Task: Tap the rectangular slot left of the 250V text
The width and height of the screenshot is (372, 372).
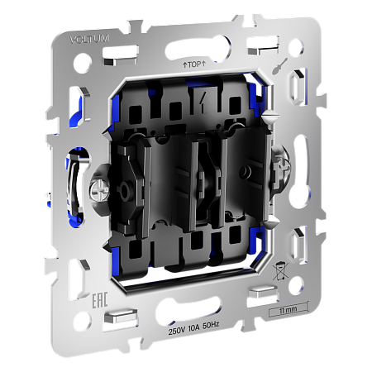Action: [x=124, y=315]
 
